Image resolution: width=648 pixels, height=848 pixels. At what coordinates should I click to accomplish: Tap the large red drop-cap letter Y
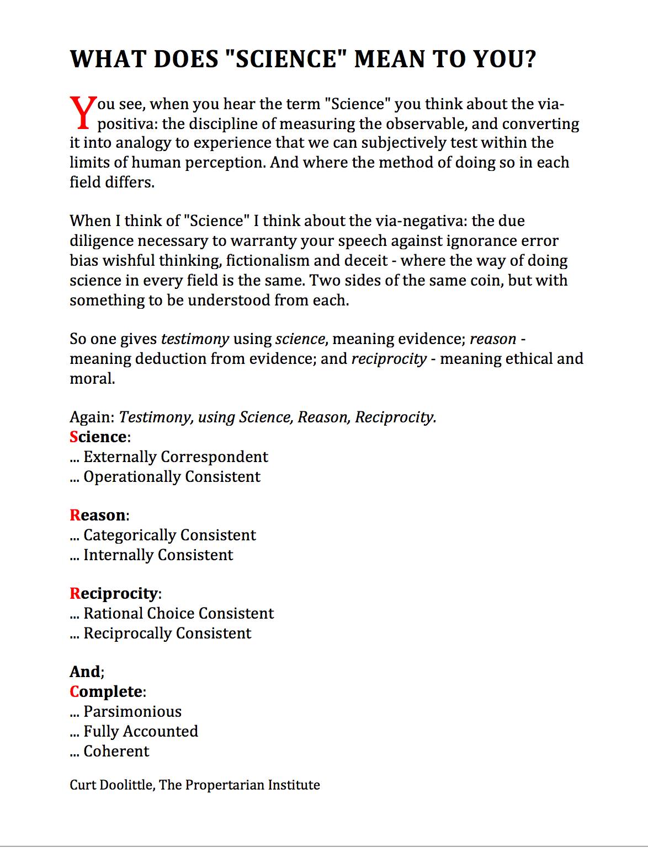coord(82,112)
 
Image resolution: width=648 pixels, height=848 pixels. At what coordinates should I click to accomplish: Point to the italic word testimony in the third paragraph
coord(195,339)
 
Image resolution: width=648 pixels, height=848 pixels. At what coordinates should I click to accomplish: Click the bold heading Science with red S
coord(98,437)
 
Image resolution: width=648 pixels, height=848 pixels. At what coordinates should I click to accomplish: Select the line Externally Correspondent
coord(175,457)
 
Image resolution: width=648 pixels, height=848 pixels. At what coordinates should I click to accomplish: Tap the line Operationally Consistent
coord(171,477)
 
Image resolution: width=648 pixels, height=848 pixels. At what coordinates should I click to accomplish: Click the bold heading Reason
coord(98,516)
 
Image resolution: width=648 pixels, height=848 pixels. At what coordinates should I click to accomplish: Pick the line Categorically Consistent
coord(169,535)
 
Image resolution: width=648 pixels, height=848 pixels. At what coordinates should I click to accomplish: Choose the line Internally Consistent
coord(158,555)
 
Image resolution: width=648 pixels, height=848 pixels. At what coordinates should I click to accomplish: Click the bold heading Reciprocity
coord(114,594)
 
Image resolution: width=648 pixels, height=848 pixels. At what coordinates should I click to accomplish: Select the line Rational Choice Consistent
coord(178,614)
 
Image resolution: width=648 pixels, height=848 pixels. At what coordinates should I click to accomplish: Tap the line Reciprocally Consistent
coord(167,634)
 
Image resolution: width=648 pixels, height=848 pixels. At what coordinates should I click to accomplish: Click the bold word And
coord(85,672)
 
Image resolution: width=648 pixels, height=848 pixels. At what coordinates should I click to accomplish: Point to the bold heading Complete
coord(106,692)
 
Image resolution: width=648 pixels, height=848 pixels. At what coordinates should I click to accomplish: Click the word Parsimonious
coord(132,712)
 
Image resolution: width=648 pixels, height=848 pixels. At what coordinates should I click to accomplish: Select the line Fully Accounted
coord(140,732)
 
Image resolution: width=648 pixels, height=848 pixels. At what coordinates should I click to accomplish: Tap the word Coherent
coord(116,752)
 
